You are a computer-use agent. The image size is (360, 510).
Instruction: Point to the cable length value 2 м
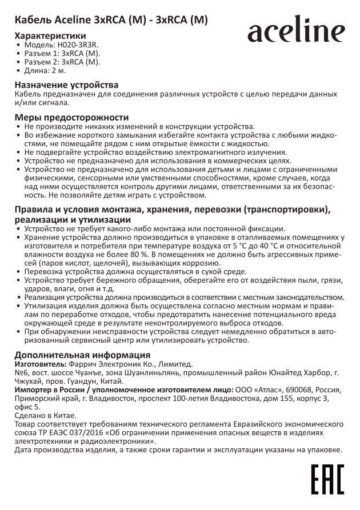[x=60, y=71]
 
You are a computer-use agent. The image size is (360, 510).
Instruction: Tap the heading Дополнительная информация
[x=78, y=355]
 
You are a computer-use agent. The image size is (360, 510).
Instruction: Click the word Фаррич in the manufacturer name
[x=82, y=363]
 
